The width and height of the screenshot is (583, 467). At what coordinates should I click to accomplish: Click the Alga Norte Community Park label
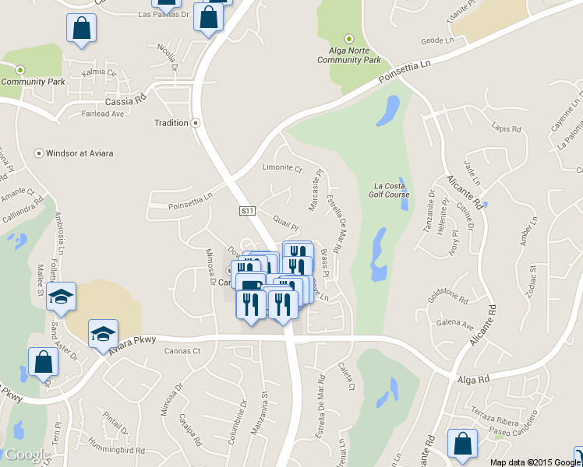pos(348,54)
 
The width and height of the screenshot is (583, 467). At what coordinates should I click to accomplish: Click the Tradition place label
pos(171,123)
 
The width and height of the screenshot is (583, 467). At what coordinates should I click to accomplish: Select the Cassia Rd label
pos(125,101)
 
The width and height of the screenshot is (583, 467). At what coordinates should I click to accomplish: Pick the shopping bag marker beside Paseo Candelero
pos(462,444)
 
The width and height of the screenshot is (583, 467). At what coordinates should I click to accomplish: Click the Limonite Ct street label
pos(281,167)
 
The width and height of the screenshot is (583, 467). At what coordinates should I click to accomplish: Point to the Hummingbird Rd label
pos(118,450)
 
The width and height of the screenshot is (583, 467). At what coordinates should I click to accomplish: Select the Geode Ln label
pos(436,40)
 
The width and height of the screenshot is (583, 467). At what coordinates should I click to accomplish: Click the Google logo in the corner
pos(27,455)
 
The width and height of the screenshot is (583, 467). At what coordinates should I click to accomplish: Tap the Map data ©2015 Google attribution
pos(535,462)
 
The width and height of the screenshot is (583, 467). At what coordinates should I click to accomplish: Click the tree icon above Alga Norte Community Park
pos(348,39)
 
